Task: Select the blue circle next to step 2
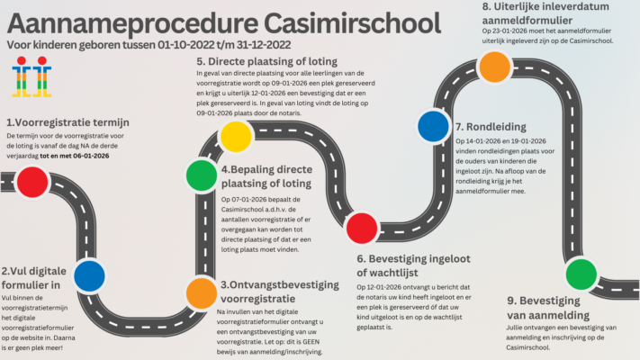89,275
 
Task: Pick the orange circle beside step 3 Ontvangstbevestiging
201,292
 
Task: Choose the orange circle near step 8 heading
493,66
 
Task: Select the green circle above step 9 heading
581,272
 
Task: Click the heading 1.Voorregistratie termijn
68,122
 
